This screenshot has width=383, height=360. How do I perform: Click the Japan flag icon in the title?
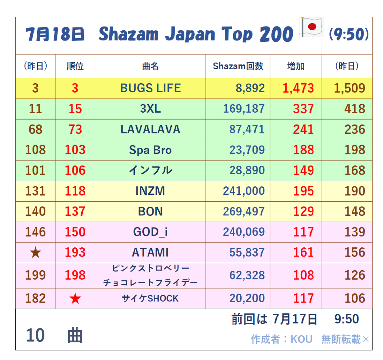point(312,27)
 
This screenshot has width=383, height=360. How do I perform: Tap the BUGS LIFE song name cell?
point(150,88)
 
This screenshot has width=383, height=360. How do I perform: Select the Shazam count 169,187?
point(244,109)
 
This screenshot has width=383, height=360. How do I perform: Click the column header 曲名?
point(150,66)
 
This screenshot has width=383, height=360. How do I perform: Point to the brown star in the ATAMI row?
point(35,253)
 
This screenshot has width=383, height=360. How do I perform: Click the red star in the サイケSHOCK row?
point(75,298)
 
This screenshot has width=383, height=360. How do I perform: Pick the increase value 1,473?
point(298,88)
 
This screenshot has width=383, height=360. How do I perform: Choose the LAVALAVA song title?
point(150,129)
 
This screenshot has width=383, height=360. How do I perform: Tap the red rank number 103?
point(75,150)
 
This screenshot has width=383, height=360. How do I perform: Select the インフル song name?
point(150,170)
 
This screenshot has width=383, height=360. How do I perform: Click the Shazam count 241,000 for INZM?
point(244,191)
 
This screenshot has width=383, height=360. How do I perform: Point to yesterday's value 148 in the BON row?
point(355,212)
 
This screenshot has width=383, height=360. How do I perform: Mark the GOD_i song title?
point(150,232)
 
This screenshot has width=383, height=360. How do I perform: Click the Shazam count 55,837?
point(247,252)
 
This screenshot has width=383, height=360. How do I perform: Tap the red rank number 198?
point(75,275)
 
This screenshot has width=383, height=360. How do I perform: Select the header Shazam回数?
point(238,66)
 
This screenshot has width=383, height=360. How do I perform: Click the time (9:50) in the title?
point(349,34)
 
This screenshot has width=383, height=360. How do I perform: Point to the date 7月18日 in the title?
point(55,34)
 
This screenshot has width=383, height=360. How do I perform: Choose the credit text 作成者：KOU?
point(282,339)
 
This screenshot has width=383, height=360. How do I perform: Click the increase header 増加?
point(296,66)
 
